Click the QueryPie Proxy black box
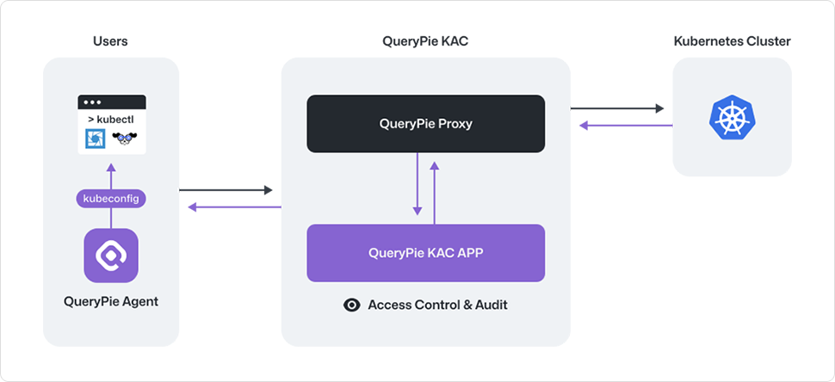click(426, 124)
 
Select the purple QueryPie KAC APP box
click(426, 253)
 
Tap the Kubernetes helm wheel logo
click(732, 117)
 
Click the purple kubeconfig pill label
click(111, 199)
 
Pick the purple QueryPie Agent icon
click(111, 256)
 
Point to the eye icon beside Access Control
click(351, 305)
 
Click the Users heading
click(110, 41)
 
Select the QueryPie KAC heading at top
click(425, 41)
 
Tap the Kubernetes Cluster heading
click(732, 41)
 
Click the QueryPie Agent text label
click(111, 301)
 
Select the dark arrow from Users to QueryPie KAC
click(226, 190)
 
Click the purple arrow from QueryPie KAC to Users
click(234, 207)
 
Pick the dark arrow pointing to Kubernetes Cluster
click(617, 108)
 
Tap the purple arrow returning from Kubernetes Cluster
click(626, 126)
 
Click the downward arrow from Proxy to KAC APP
click(417, 184)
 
